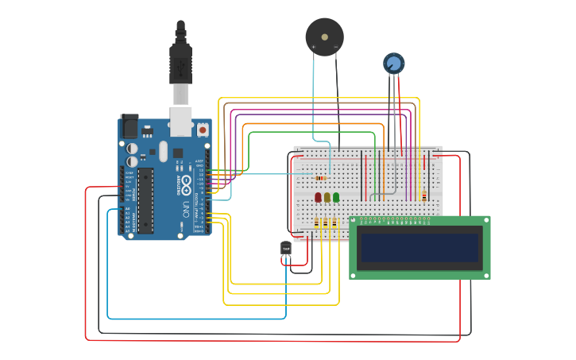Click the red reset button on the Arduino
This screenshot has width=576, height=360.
(x=203, y=129)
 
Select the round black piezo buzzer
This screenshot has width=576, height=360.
(x=324, y=36)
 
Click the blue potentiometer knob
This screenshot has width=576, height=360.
(x=393, y=62)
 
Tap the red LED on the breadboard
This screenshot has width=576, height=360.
(x=318, y=196)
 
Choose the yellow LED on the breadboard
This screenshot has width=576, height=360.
(x=327, y=196)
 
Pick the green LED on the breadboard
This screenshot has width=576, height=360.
(x=336, y=196)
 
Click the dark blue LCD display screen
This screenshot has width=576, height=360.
(x=419, y=248)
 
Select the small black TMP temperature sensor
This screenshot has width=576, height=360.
(x=286, y=248)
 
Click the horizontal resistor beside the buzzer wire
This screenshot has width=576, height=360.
(x=321, y=177)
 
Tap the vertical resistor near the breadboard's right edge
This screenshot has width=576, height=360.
(x=423, y=195)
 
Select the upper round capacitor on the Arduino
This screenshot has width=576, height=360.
(x=132, y=147)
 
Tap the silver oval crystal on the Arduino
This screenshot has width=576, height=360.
(x=163, y=151)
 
